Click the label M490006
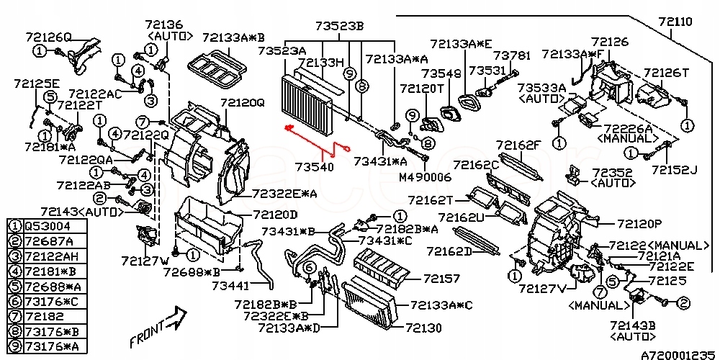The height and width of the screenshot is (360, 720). click(x=426, y=176)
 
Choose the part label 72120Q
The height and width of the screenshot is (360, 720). click(x=243, y=103)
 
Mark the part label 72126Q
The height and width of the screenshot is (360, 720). click(x=48, y=36)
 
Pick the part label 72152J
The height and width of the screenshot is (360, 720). click(x=675, y=169)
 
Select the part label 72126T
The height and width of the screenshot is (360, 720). click(x=666, y=73)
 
